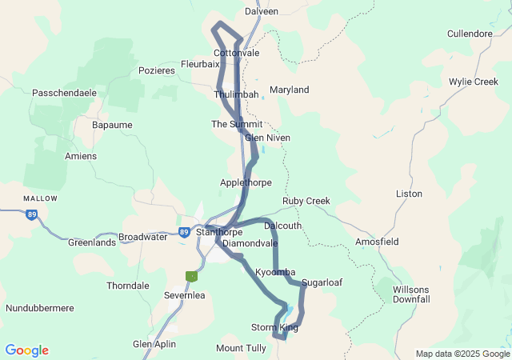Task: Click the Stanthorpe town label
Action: [x=221, y=232]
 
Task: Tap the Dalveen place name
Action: [x=261, y=12]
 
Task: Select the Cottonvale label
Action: [x=236, y=53]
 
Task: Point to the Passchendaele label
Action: [x=64, y=93]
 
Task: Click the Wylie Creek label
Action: [x=473, y=82]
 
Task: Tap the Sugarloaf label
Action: [x=322, y=283]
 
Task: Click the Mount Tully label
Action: [x=241, y=348]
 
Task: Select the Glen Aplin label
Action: [x=154, y=344]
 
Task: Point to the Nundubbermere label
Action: [x=40, y=308]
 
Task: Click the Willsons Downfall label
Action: [x=411, y=294]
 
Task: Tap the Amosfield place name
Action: [x=377, y=242]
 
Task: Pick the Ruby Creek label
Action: [x=306, y=201]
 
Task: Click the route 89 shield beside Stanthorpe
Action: [x=185, y=232]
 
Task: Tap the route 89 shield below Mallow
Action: [x=31, y=214]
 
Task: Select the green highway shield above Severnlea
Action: [x=191, y=276]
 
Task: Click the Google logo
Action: [x=26, y=350]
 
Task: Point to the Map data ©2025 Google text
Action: [x=462, y=354]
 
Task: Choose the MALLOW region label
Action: [x=40, y=198]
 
